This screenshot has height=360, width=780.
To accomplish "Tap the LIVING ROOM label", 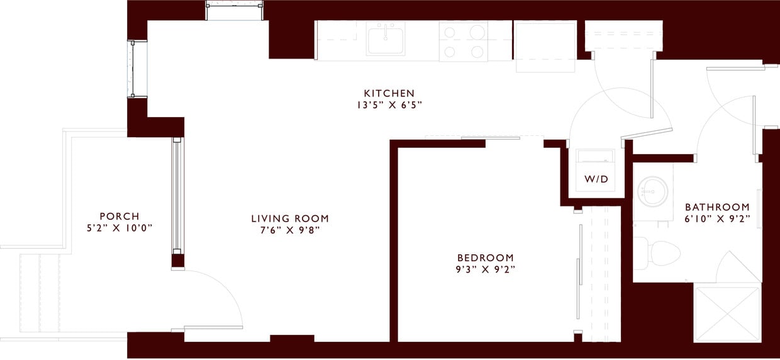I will [x=290, y=218].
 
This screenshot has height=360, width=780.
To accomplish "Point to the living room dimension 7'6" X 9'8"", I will [x=290, y=230].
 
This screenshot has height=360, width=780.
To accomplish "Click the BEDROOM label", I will [x=485, y=257].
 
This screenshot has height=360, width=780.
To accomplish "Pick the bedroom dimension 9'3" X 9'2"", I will [x=485, y=269].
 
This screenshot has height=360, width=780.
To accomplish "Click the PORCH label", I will [x=119, y=216].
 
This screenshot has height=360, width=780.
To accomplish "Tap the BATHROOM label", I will [x=717, y=206].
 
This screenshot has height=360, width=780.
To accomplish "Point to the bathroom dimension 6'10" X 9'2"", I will [x=717, y=218].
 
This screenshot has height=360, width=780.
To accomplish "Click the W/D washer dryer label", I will [x=596, y=179].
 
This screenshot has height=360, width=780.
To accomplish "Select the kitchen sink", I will [x=386, y=38].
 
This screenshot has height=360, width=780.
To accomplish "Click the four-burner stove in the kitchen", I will [x=464, y=41].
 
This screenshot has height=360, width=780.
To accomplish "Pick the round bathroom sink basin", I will [x=652, y=191].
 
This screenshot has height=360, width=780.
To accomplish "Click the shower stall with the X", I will [x=727, y=314].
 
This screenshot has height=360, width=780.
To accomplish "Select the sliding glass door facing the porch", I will [x=177, y=195].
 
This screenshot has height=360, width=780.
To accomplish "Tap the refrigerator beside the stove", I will [x=545, y=46].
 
